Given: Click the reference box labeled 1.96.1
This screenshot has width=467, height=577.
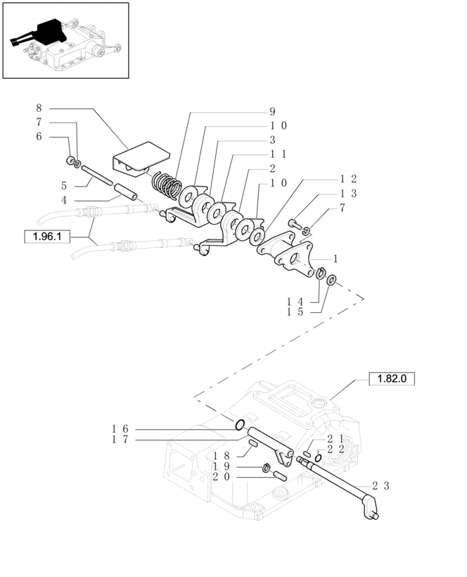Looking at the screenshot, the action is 47,236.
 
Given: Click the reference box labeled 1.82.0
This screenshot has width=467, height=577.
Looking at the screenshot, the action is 392,378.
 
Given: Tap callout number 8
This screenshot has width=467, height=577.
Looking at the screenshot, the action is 39,108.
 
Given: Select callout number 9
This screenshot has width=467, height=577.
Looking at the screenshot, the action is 272,111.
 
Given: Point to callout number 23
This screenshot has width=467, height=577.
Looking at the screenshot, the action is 380,485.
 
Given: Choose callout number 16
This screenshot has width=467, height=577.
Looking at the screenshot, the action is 120,429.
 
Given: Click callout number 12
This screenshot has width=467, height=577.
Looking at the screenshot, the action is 348,179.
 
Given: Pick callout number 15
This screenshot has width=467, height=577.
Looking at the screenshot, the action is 295,312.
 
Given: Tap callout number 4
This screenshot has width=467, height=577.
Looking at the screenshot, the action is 64,201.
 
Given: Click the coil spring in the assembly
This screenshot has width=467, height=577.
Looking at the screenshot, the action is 167,184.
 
